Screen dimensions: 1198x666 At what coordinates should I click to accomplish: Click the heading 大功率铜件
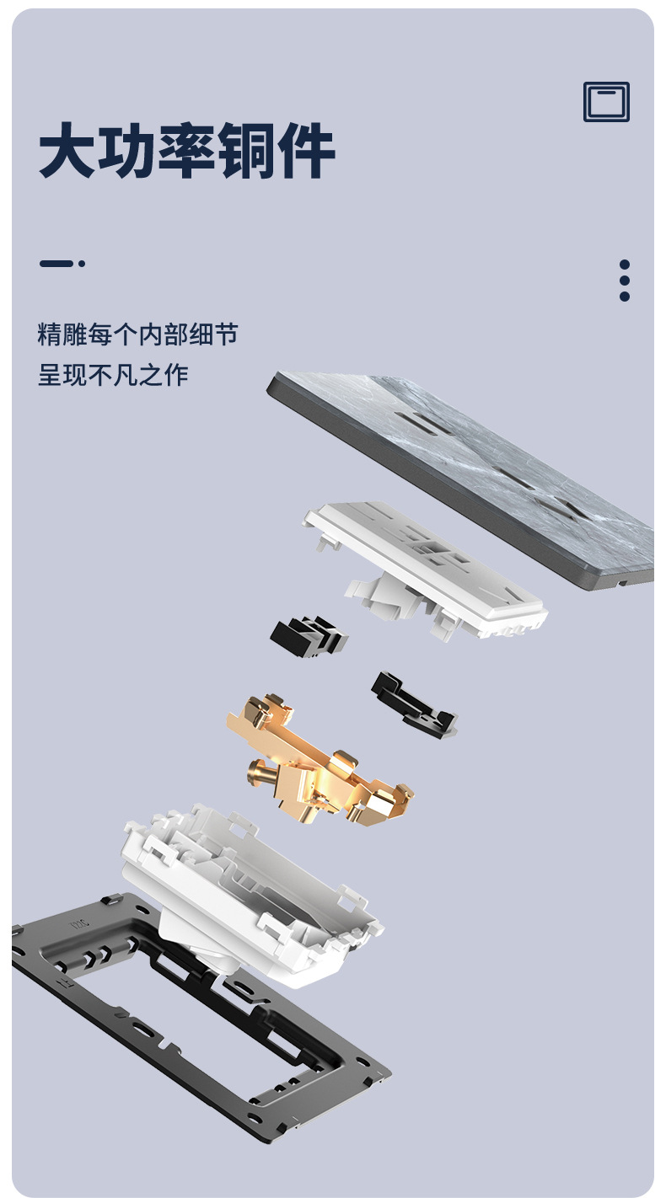click(x=187, y=152)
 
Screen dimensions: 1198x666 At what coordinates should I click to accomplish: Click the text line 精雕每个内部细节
click(x=137, y=334)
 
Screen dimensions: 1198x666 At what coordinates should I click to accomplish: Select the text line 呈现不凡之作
click(x=113, y=375)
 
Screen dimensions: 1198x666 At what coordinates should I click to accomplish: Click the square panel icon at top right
click(x=606, y=102)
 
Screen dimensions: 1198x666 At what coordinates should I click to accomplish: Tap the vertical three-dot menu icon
click(x=624, y=280)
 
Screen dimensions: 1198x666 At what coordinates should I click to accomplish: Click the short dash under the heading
click(x=56, y=264)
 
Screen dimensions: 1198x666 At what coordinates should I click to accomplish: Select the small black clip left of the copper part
click(x=308, y=637)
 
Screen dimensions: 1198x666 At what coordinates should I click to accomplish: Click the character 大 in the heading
click(x=67, y=152)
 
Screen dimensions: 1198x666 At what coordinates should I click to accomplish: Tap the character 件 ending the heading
click(x=308, y=152)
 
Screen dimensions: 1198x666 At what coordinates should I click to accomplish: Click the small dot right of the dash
click(x=82, y=264)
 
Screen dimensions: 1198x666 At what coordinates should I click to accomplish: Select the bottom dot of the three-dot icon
click(x=624, y=296)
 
